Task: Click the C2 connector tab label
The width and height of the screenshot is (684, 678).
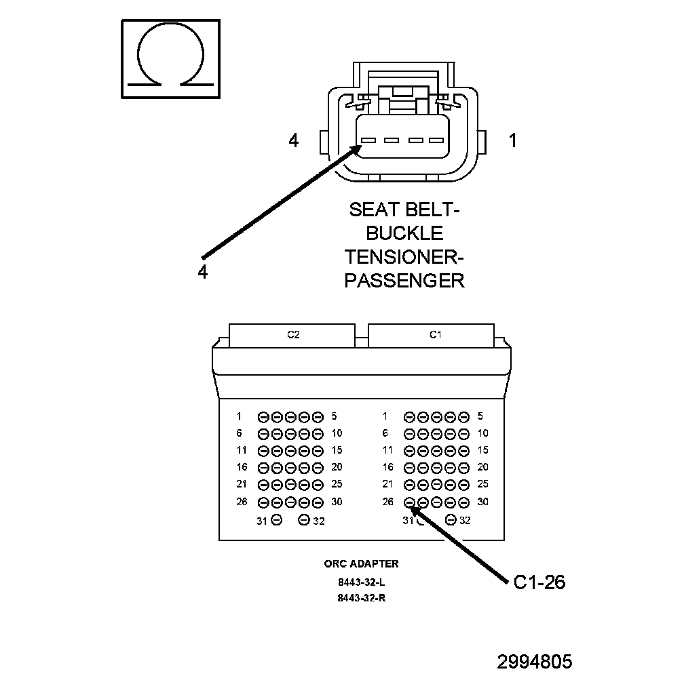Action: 294,335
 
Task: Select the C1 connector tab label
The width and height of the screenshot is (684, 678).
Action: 436,335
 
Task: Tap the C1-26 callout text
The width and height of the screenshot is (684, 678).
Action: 539,582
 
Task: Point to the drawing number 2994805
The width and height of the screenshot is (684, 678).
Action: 535,662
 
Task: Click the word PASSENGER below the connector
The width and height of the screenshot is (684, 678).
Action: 404,281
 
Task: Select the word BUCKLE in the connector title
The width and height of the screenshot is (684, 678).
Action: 404,233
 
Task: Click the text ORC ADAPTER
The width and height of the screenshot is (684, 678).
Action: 361,564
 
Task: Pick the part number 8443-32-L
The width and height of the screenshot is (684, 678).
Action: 361,582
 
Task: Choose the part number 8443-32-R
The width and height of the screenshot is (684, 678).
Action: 361,598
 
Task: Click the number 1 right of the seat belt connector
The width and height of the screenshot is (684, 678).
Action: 513,140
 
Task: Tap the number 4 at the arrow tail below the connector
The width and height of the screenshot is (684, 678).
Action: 202,272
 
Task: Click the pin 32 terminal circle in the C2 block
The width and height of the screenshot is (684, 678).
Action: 303,520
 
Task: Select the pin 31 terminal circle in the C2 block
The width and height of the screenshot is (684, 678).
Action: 277,520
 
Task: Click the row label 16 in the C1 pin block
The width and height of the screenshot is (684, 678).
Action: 388,467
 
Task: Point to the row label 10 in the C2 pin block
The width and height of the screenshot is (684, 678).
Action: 337,433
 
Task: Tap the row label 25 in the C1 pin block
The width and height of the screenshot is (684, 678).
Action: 482,483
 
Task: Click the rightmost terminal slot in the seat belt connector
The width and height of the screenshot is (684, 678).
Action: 436,140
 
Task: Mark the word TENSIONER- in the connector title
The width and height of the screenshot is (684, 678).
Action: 404,257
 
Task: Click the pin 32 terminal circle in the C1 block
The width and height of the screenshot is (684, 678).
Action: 451,519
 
